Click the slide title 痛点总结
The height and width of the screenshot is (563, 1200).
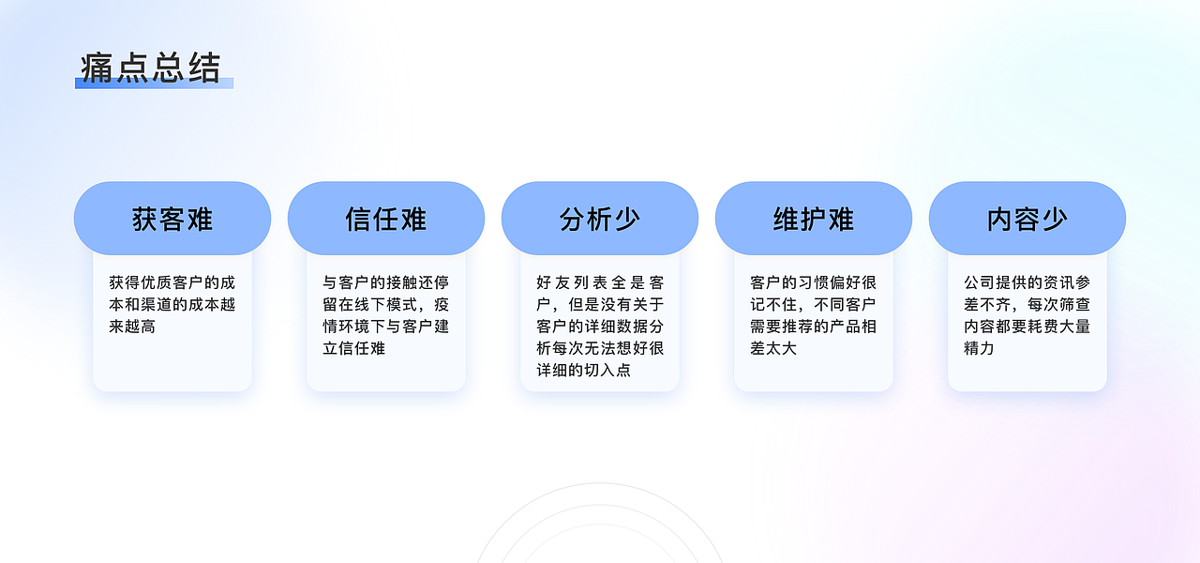click(x=150, y=68)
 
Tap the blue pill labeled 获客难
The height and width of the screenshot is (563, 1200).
click(x=172, y=219)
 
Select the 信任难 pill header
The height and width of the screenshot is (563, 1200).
click(x=386, y=219)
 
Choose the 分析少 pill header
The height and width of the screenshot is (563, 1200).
click(x=600, y=219)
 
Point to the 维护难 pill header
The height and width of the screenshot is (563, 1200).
click(x=814, y=219)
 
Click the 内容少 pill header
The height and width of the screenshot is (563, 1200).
click(x=1027, y=219)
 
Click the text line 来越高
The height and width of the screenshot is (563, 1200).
click(x=132, y=327)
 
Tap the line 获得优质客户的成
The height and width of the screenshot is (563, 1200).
click(x=172, y=281)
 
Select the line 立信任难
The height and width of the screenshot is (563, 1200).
click(x=354, y=349)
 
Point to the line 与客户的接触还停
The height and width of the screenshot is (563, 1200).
click(x=386, y=281)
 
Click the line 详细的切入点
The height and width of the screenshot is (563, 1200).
click(x=584, y=371)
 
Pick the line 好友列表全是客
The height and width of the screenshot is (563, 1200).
click(x=600, y=281)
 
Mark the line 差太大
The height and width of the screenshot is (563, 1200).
click(x=773, y=349)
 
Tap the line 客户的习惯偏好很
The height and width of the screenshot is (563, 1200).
click(x=814, y=281)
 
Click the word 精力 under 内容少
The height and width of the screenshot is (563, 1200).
click(x=979, y=349)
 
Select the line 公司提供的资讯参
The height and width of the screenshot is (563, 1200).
click(x=1027, y=281)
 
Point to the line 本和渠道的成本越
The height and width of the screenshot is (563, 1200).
click(x=172, y=304)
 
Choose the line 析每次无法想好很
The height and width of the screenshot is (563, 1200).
click(x=600, y=348)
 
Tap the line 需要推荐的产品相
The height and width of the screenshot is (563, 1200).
click(x=814, y=327)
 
